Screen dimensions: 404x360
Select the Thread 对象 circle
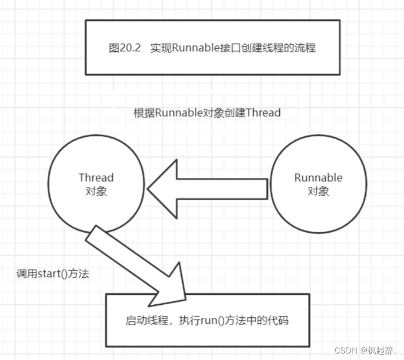click(96, 185)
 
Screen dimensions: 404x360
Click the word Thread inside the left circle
click(96, 178)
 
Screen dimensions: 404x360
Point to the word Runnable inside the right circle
click(318, 178)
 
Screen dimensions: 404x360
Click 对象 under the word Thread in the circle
click(96, 191)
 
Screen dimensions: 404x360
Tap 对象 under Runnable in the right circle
click(318, 191)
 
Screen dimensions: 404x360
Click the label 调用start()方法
click(52, 274)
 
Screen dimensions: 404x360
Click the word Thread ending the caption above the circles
click(264, 113)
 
